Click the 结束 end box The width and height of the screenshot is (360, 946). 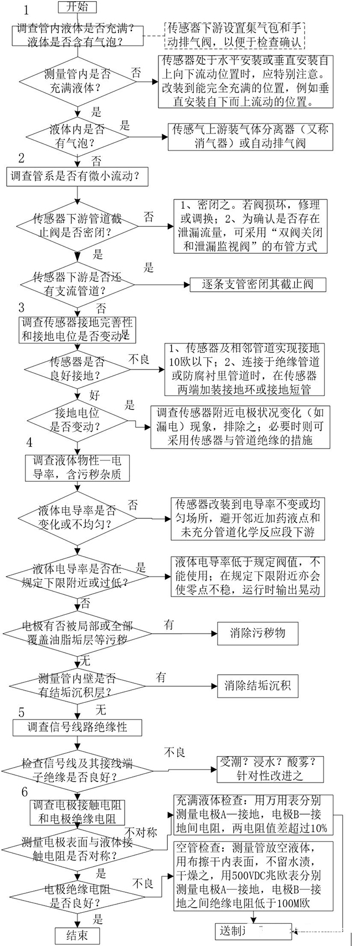coord(78,935)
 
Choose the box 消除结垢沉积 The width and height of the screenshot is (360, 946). coord(258,686)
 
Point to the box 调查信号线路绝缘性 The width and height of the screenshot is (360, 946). coord(78,727)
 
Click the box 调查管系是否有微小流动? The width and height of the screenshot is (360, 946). coord(77,176)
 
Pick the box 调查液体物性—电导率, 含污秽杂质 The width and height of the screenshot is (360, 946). coord(77,467)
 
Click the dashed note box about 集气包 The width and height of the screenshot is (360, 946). coord(234,35)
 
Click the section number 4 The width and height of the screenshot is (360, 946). coord(29,442)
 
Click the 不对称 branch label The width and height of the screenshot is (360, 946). coord(141,832)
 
